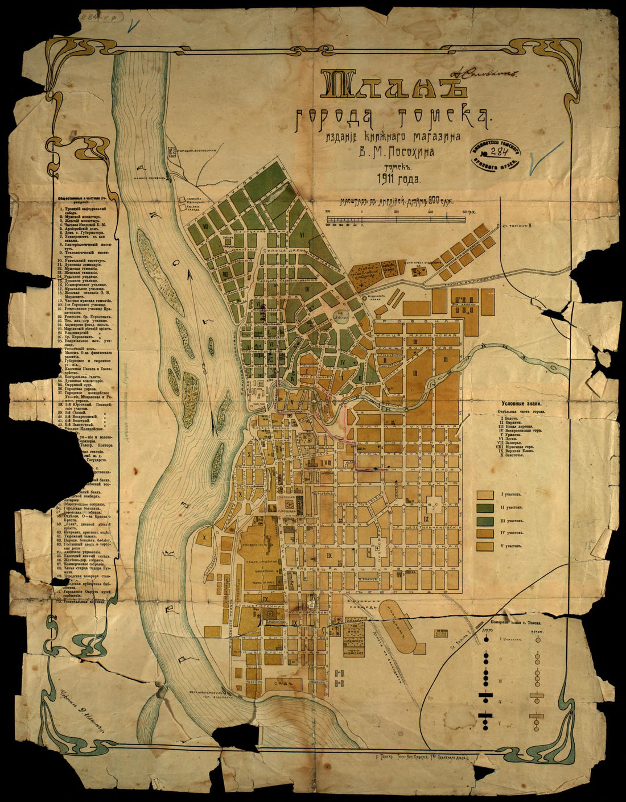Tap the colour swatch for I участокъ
pos(485,495)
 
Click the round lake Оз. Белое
pos(341,312)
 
